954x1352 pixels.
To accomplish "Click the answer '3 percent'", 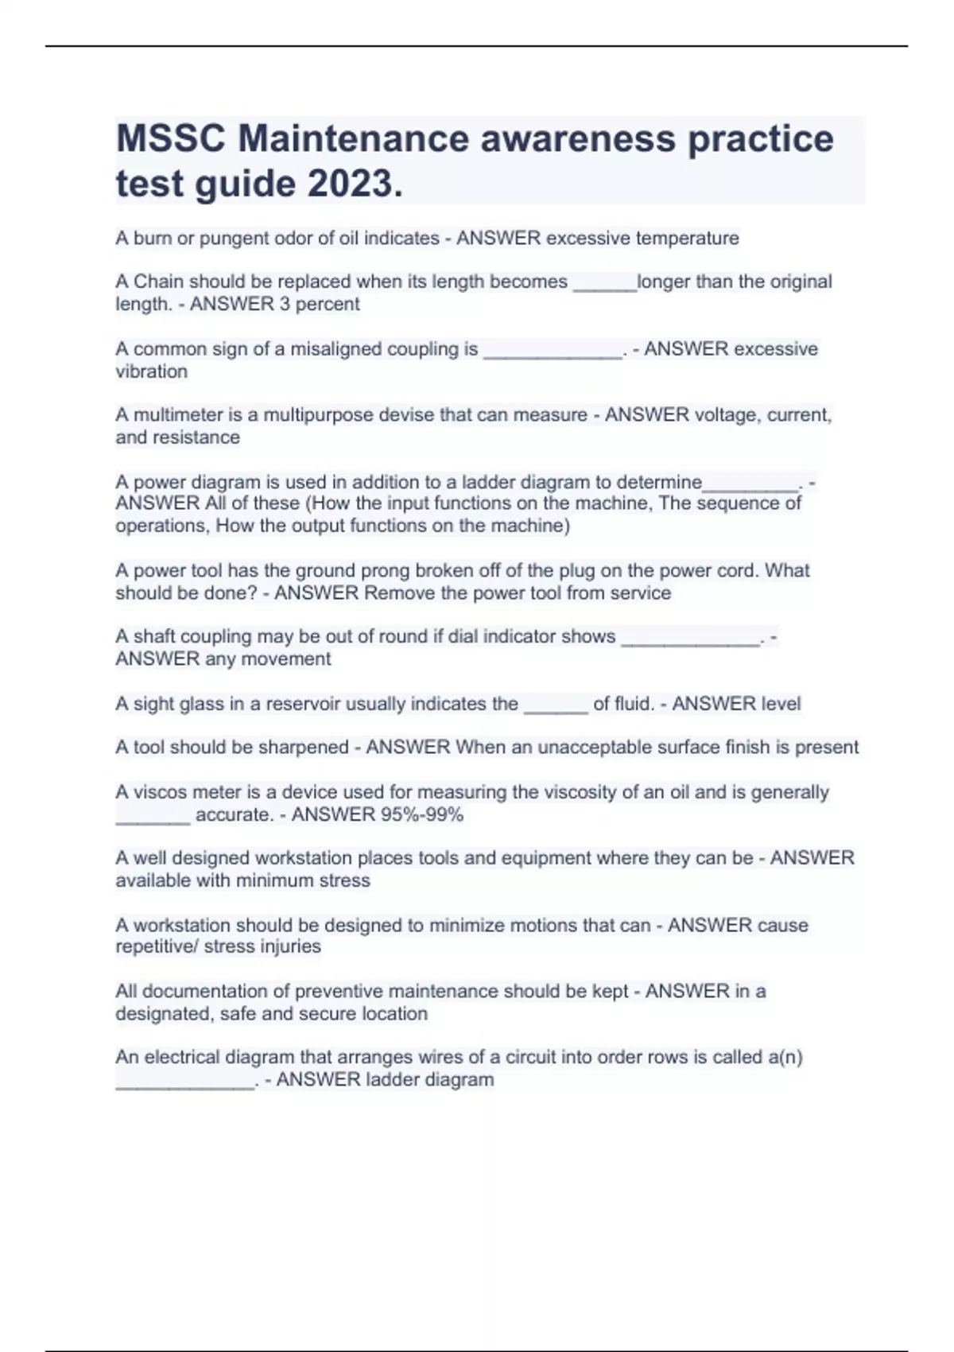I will tap(317, 304).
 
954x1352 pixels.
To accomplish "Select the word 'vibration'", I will tap(151, 371).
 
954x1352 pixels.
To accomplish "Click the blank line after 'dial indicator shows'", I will tap(689, 638).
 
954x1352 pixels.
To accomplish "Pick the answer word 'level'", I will tap(781, 703).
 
